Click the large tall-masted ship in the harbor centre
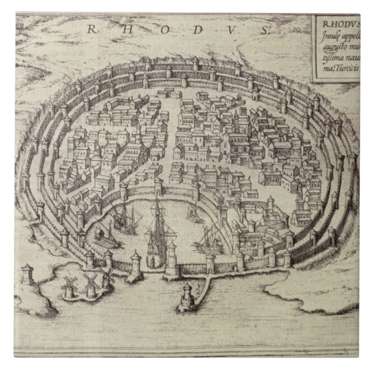157,231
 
